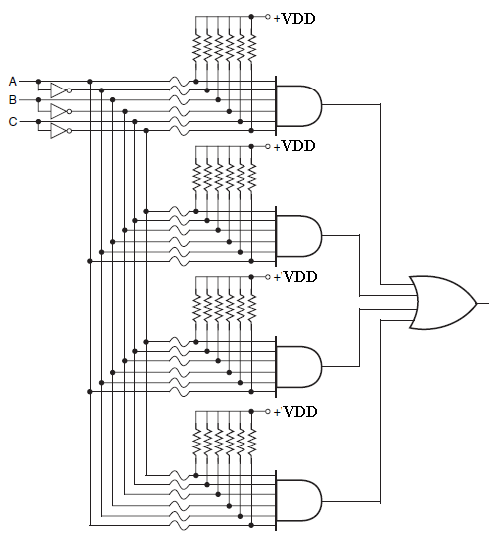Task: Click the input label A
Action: [13, 82]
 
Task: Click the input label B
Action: [13, 100]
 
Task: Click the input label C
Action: [13, 121]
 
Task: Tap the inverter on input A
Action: [61, 90]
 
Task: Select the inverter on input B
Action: [61, 111]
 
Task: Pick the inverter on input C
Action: [61, 131]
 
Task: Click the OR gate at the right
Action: [443, 303]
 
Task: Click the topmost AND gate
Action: [299, 105]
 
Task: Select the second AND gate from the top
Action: [299, 236]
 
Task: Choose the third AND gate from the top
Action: [299, 367]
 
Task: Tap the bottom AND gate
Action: [299, 501]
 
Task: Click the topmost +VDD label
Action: [294, 18]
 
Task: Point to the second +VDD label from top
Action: [294, 146]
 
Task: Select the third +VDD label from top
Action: [295, 277]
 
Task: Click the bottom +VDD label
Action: [295, 411]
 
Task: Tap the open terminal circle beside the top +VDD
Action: [268, 16]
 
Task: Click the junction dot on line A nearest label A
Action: [38, 82]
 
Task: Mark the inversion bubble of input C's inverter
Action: [69, 131]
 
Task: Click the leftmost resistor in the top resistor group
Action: [196, 48]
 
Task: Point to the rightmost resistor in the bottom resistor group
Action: [251, 442]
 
